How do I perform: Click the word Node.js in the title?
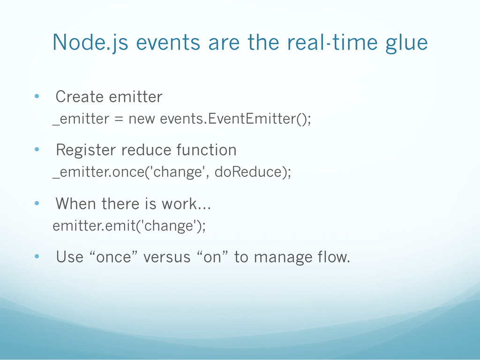[x=90, y=43]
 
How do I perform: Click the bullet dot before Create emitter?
[x=37, y=96]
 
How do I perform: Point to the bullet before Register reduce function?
[x=37, y=150]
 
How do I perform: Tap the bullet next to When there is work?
[x=37, y=203]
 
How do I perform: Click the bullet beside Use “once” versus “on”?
[x=37, y=256]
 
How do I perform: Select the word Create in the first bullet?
[x=80, y=97]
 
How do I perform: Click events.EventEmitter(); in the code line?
[x=235, y=119]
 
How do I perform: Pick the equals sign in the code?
[x=119, y=119]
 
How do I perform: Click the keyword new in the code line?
[x=142, y=119]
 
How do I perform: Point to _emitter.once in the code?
[x=98, y=172]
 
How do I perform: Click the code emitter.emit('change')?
[x=129, y=225]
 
